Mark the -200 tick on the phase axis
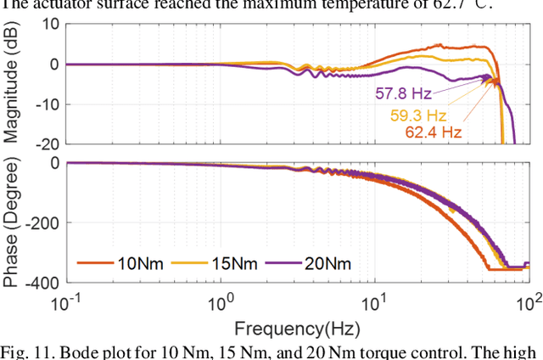click(x=40, y=222)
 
